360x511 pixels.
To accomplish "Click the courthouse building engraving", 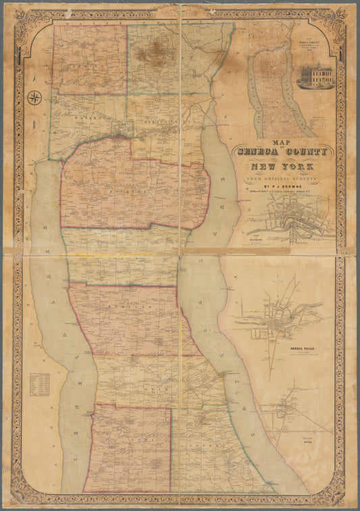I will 315,76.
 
